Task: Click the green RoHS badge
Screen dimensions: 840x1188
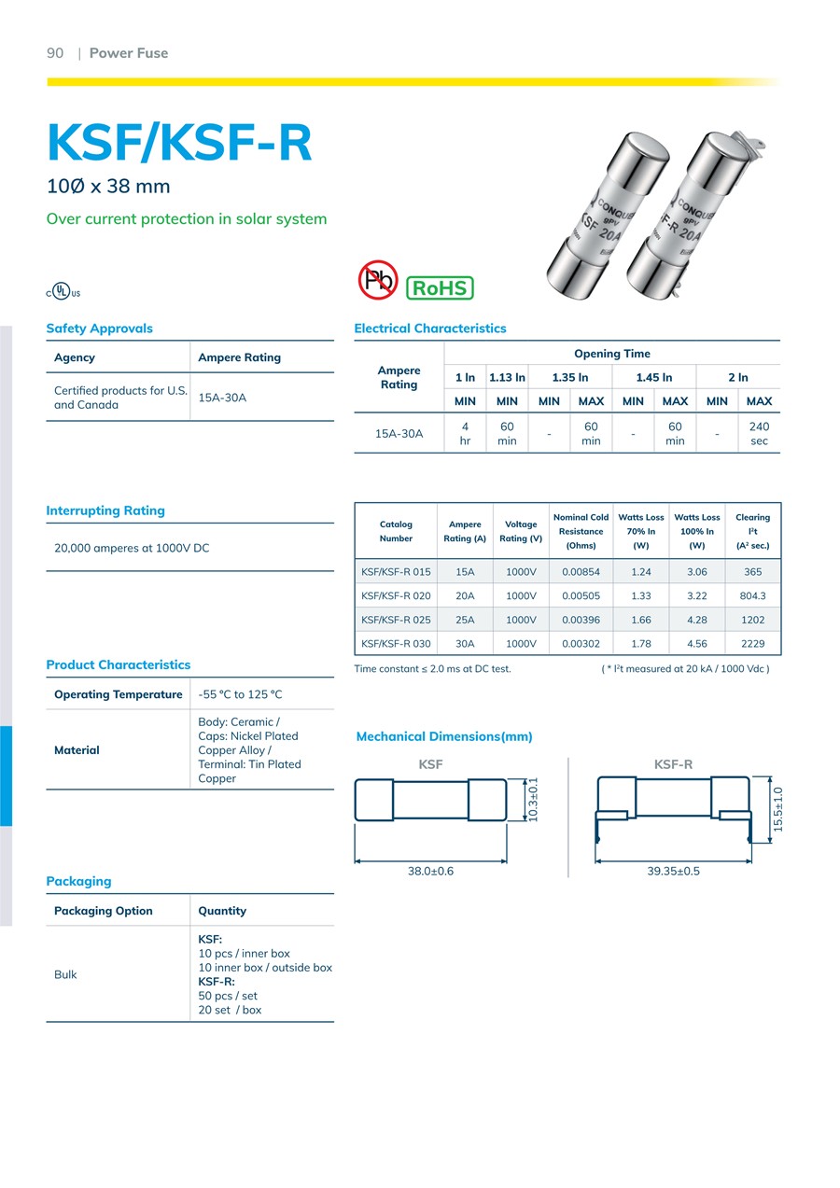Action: tap(440, 288)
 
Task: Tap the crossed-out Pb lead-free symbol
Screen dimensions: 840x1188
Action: tap(378, 279)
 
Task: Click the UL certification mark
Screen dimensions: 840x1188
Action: tap(63, 291)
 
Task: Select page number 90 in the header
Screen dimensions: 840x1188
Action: tap(55, 53)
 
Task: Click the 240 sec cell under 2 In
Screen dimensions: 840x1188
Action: tap(759, 433)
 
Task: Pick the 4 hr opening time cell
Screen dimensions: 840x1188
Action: tap(465, 433)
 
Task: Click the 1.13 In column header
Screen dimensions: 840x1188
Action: tap(507, 377)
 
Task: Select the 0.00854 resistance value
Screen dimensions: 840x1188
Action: tap(581, 572)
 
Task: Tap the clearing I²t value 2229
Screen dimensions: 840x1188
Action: tap(752, 643)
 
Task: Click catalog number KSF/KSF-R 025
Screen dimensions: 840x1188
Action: tap(396, 620)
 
